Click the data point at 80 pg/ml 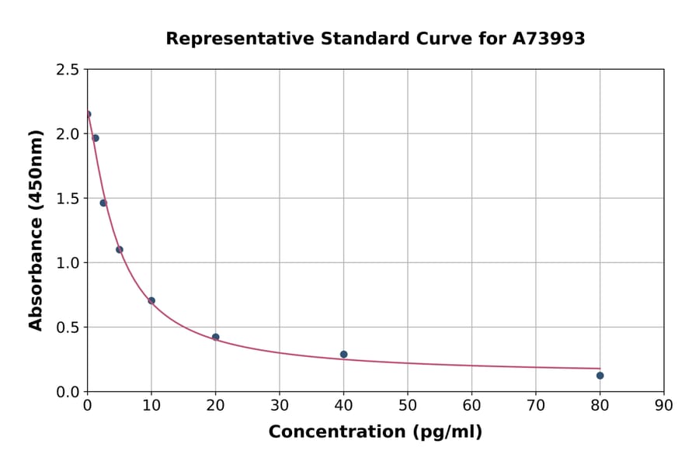[600, 376]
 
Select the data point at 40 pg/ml [343, 355]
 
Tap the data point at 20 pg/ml [215, 337]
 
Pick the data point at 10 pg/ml [151, 300]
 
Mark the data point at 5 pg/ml [120, 249]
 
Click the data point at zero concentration [88, 114]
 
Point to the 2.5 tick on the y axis [68, 70]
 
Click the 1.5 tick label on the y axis [68, 199]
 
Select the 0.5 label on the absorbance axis [68, 328]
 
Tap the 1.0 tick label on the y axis [68, 263]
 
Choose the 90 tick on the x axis [663, 405]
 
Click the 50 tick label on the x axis [407, 405]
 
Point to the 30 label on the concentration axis [279, 405]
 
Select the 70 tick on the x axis [535, 405]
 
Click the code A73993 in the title [548, 39]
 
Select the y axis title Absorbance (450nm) [36, 230]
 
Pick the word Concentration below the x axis [336, 432]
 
